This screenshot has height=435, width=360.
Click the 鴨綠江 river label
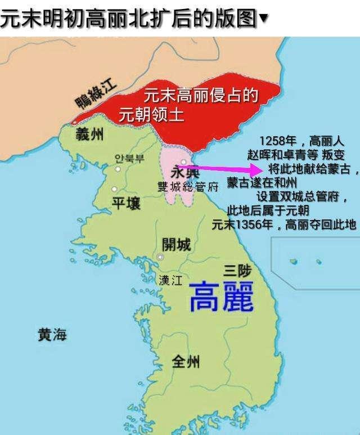[x=97, y=95]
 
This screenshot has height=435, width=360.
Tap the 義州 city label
[x=89, y=134]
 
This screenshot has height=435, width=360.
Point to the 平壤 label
[x=126, y=203]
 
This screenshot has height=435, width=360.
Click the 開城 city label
[x=176, y=244]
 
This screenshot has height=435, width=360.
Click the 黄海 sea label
[x=52, y=335]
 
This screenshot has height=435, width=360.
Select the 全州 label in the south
[x=185, y=361]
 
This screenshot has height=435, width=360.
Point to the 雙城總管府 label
[x=180, y=187]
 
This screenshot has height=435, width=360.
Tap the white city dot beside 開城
[x=161, y=257]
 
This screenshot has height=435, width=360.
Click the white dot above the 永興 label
[x=183, y=162]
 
